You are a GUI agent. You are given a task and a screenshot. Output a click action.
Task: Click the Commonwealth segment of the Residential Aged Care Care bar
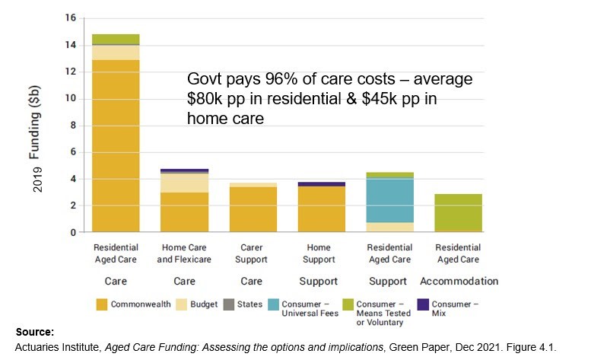116,145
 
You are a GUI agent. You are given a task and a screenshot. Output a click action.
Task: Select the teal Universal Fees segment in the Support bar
390,200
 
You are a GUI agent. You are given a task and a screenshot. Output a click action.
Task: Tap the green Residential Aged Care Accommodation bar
459,212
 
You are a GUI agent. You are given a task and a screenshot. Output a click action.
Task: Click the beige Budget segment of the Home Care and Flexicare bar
185,183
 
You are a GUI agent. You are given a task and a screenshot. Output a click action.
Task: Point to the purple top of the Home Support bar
322,183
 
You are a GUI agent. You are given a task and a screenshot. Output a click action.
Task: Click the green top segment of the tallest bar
116,40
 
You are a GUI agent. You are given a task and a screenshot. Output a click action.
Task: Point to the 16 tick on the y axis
71,18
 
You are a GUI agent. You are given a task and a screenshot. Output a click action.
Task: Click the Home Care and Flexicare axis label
185,253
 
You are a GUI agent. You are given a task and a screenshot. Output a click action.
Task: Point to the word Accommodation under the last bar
459,281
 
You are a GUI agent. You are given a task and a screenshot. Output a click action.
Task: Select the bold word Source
35,333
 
